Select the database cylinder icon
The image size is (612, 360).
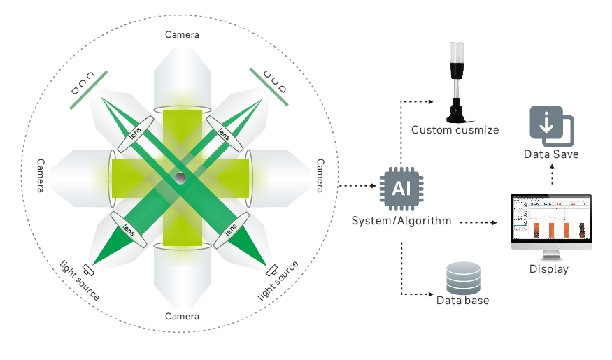click(464, 278)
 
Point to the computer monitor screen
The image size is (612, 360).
click(551, 218)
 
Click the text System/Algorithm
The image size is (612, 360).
click(401, 221)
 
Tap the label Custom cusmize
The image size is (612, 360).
click(455, 130)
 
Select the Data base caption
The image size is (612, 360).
click(462, 301)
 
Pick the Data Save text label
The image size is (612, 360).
click(551, 154)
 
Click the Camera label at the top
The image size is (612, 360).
click(182, 34)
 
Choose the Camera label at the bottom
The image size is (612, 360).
click(182, 316)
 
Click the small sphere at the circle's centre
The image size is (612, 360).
click(180, 178)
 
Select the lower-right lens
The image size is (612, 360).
click(229, 229)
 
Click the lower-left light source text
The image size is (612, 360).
click(79, 279)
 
